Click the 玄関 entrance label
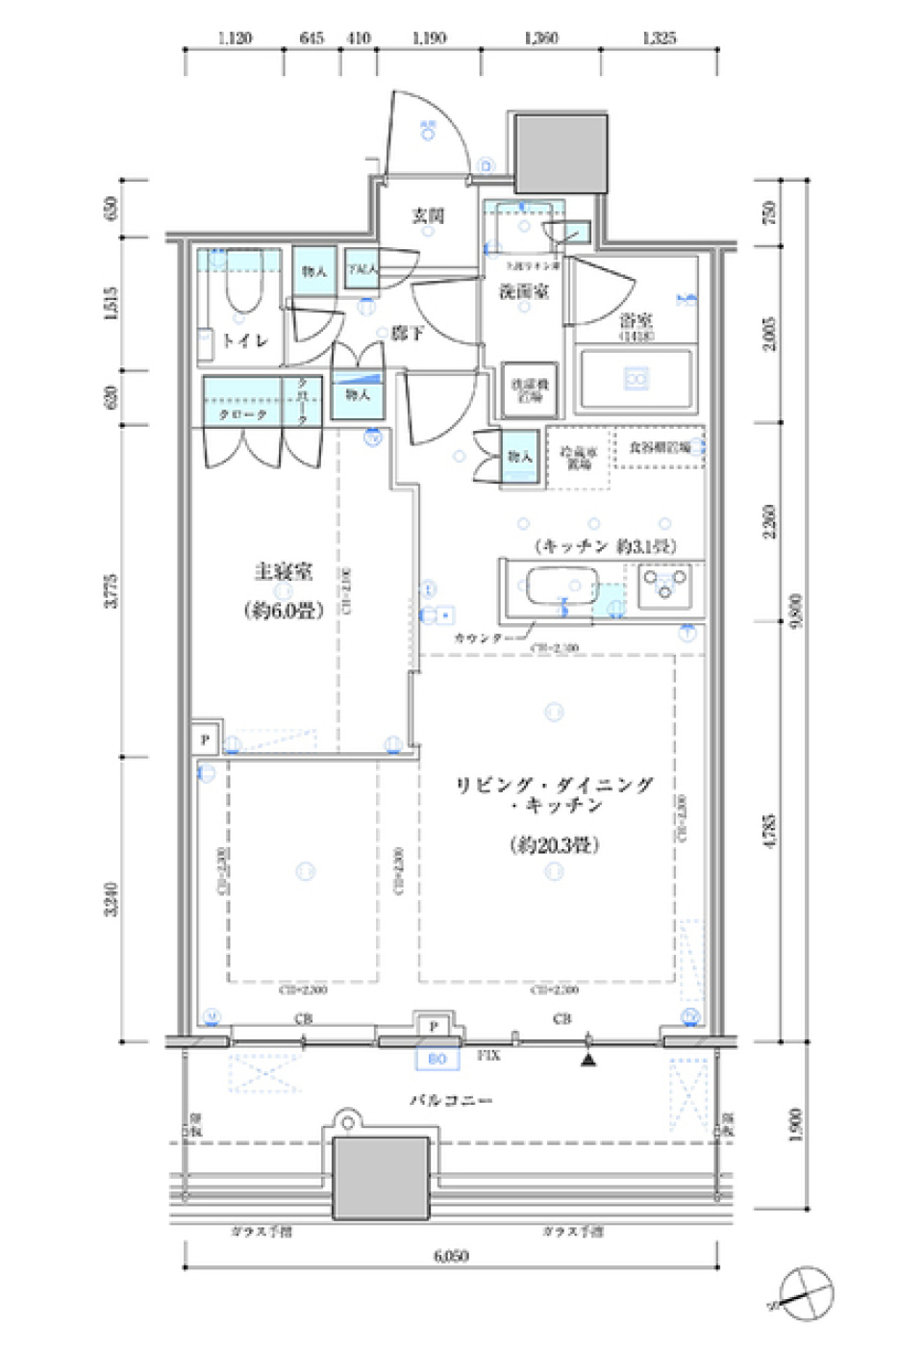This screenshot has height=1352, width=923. (428, 215)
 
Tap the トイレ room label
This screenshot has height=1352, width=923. (244, 340)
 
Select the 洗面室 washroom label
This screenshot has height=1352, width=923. (523, 290)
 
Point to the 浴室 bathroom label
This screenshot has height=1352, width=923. (636, 320)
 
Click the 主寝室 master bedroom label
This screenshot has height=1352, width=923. (283, 572)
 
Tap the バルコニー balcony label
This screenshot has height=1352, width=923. (451, 1099)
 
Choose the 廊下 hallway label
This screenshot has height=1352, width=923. (407, 333)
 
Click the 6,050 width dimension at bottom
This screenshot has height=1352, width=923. (450, 1255)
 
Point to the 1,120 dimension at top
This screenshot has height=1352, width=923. (235, 38)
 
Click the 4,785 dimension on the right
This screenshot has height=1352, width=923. (768, 832)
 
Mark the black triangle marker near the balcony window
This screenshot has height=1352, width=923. (588, 1060)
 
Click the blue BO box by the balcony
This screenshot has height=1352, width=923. (437, 1059)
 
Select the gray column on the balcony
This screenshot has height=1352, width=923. (381, 1178)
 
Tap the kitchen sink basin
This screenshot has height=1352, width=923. (561, 586)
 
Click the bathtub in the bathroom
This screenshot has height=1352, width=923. (636, 379)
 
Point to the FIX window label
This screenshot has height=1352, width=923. (488, 1055)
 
